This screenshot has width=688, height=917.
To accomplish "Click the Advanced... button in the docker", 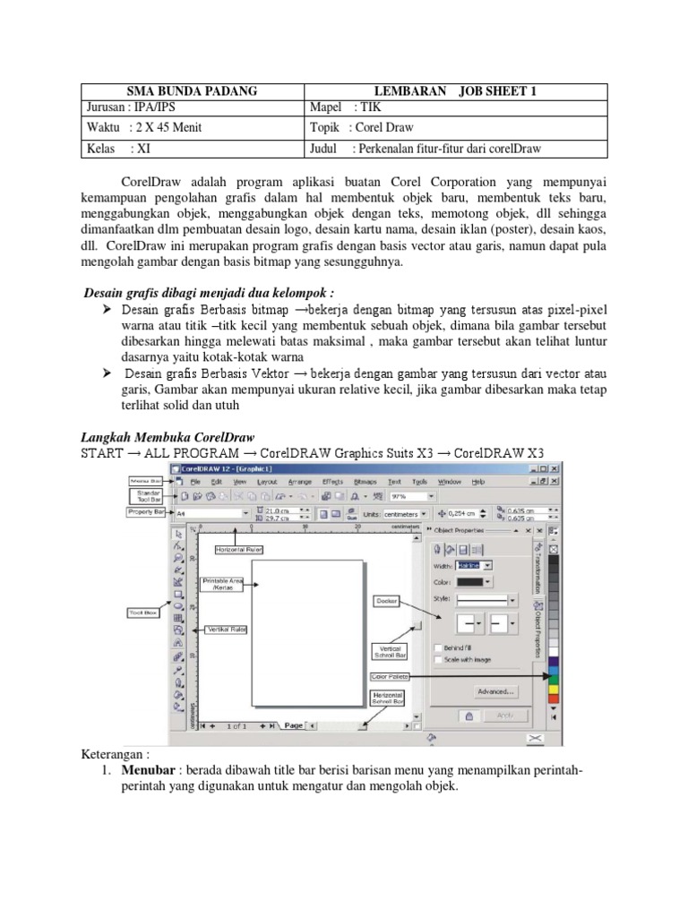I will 495,691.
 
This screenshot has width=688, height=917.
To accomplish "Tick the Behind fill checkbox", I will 437,647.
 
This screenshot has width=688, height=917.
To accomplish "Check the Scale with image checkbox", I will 437,660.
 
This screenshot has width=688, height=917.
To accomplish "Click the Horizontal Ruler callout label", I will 238,549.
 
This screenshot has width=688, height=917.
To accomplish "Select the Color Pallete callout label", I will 388,677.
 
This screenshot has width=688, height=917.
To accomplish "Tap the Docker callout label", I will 387,601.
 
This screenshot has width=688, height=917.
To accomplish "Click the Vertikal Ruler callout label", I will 227,630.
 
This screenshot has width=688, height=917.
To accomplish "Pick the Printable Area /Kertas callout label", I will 222,584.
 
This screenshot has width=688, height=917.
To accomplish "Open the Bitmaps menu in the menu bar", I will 365,482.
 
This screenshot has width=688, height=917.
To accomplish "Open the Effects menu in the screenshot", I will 332,482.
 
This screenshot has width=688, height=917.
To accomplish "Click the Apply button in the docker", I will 504,715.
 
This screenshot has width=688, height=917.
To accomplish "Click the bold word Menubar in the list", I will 135,772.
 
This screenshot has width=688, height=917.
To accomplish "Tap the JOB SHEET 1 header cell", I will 457,90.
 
